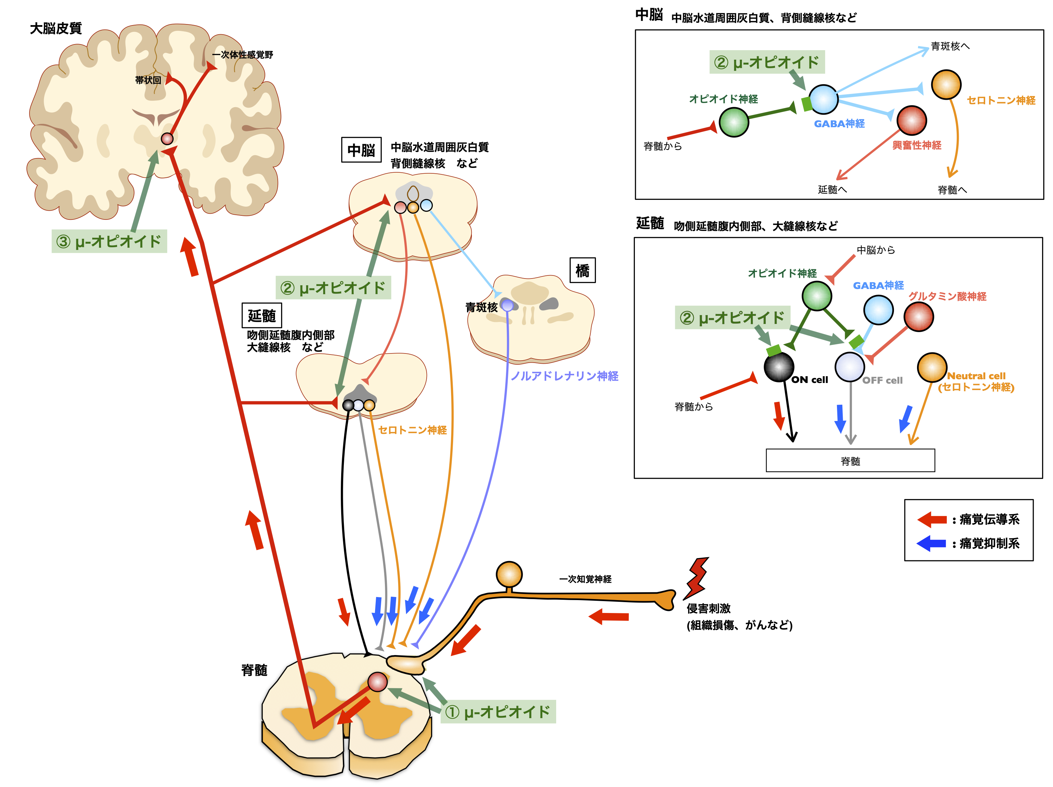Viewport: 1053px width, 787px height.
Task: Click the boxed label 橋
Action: (x=582, y=270)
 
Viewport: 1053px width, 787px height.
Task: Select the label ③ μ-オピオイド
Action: (x=109, y=242)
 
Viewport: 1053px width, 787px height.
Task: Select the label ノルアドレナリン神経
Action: (x=565, y=376)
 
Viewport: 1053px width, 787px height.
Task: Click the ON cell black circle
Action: (x=779, y=367)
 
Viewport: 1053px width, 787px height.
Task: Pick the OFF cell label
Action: (x=882, y=380)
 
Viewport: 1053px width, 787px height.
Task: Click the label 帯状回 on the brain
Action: (x=148, y=80)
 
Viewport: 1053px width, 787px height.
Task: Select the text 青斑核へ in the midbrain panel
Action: (x=950, y=46)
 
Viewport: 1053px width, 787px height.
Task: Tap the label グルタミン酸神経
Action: (x=947, y=296)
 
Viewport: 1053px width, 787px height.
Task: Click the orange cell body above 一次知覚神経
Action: (x=509, y=574)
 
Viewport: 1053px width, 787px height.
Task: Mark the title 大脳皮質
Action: (x=56, y=28)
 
